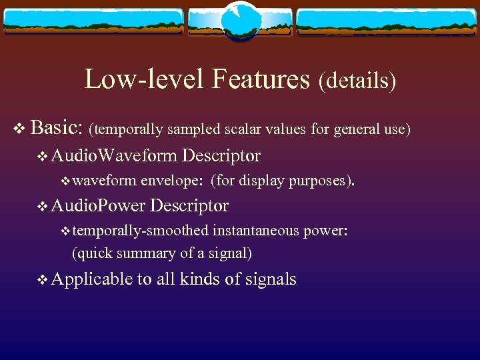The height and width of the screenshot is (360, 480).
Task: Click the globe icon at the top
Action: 240,20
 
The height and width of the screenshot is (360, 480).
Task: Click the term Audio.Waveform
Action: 114,156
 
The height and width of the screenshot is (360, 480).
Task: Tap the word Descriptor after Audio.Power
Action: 189,206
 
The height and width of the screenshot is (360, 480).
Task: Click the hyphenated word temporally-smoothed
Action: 141,231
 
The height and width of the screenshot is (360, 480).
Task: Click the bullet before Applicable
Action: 43,280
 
